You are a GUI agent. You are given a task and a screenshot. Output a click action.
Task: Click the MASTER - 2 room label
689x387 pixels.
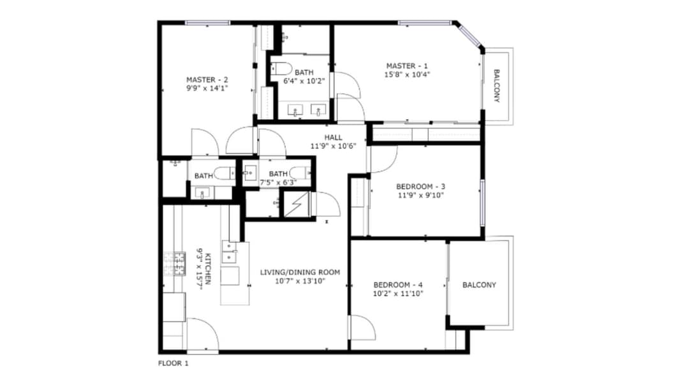207,80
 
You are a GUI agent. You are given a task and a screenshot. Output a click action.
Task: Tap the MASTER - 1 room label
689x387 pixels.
407,66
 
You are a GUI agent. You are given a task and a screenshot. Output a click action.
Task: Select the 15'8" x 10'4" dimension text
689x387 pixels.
407,74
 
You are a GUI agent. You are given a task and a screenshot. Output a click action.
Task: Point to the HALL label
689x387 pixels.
333,138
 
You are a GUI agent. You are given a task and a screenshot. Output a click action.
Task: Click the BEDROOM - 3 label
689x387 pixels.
420,186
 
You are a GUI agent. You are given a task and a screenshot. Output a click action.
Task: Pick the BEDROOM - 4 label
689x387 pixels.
397,284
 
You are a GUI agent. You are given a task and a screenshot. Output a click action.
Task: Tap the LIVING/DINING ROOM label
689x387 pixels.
300,272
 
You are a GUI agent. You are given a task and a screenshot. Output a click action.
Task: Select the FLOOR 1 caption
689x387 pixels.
173,363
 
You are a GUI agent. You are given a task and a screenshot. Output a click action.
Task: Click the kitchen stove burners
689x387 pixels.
174,263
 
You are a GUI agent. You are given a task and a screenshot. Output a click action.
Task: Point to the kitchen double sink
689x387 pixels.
230,252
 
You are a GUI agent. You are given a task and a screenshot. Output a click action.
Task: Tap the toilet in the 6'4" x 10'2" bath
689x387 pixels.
281,68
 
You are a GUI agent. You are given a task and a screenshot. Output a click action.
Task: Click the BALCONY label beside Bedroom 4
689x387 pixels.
479,285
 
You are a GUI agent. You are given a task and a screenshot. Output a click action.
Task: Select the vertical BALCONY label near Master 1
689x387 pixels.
497,85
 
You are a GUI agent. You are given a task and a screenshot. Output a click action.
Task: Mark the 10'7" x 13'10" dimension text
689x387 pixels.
300,281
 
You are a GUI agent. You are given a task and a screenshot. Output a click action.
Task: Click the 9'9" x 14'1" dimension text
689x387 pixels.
207,88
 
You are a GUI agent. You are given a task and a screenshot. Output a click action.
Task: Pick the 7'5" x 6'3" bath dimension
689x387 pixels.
278,182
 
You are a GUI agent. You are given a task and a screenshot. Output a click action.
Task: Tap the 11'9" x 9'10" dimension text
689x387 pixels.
420,195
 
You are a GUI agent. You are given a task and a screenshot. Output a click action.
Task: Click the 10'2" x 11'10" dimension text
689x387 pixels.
397,293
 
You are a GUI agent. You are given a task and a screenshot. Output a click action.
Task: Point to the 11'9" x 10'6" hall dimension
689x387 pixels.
333,146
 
